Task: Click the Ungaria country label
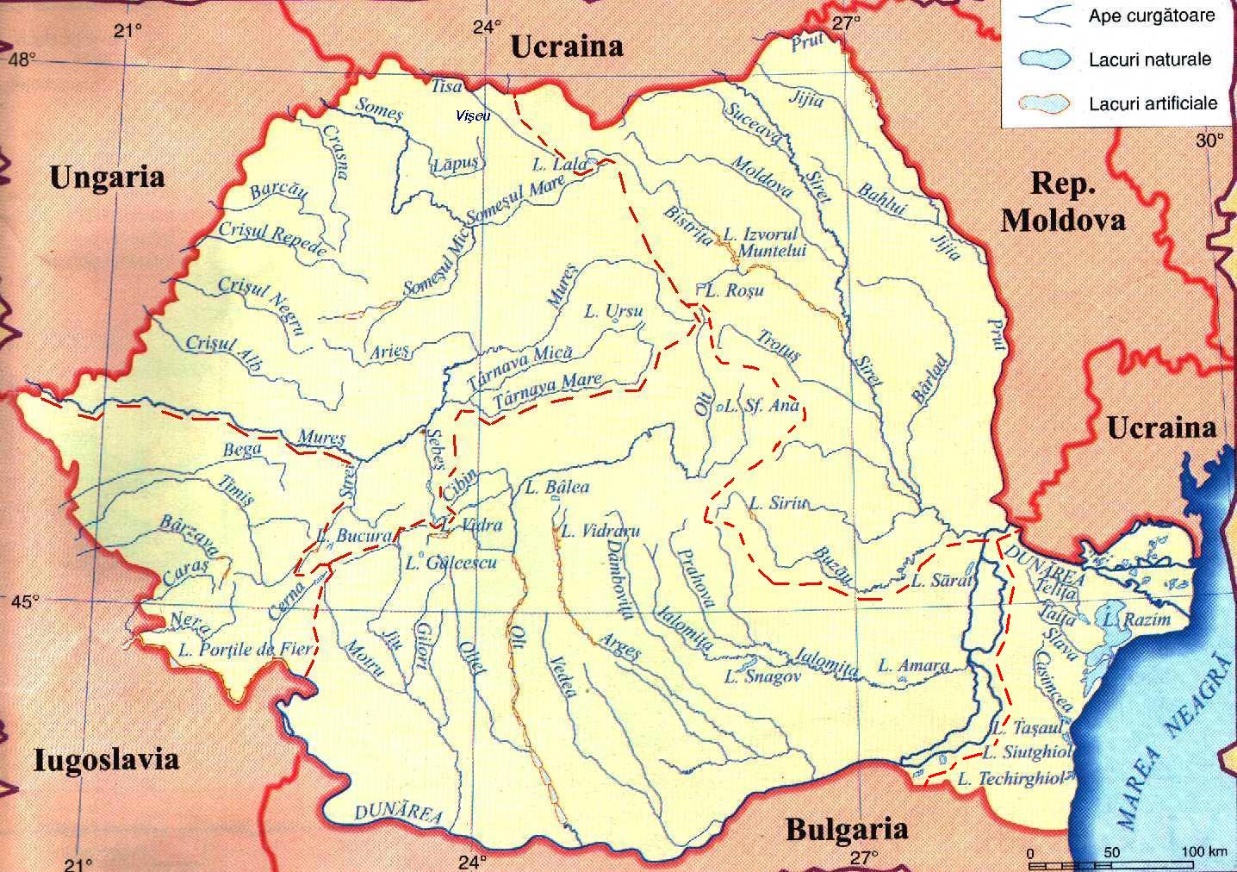coord(107,178)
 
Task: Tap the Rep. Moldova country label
coord(1063,202)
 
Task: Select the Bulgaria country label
coord(847,830)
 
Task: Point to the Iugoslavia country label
coord(107,759)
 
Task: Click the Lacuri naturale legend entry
coord(1149,59)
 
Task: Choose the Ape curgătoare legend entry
coord(1151,16)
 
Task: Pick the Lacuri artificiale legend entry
coord(1153,103)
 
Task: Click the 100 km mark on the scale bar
coord(1203,852)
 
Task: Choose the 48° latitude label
coord(23,59)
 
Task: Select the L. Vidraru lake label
coord(600,531)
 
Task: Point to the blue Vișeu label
coord(473,116)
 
